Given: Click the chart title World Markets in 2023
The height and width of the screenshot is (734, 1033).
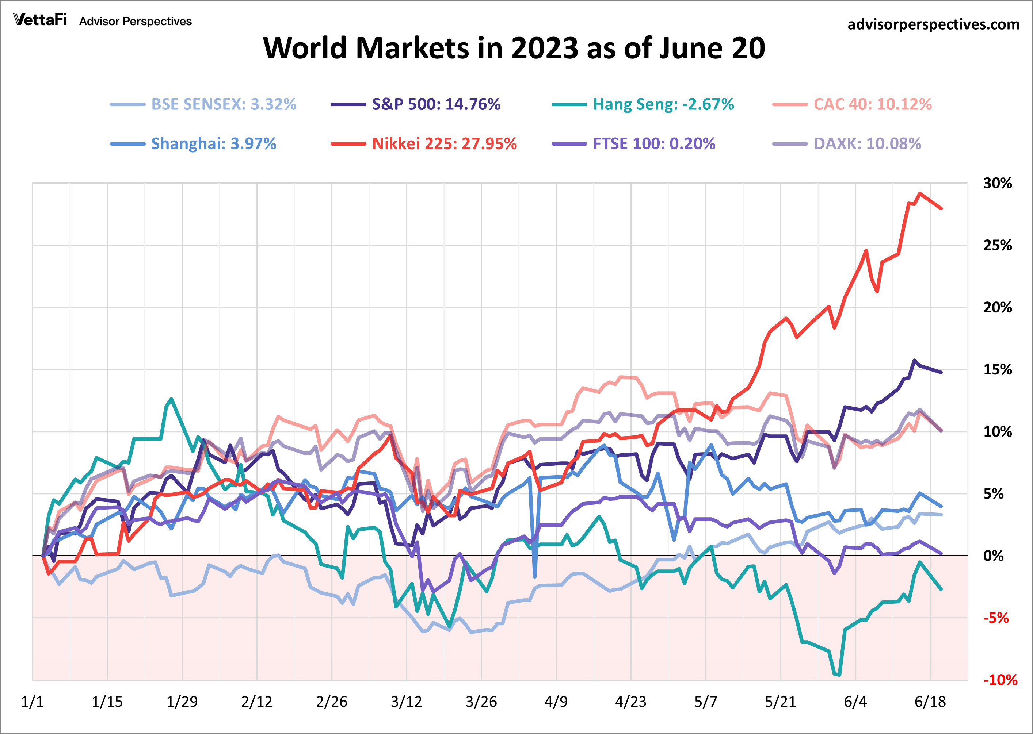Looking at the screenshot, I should pyautogui.click(x=514, y=48).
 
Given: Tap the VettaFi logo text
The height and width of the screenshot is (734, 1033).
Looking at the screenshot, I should pyautogui.click(x=40, y=20).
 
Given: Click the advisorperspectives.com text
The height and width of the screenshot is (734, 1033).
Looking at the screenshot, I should pyautogui.click(x=933, y=24).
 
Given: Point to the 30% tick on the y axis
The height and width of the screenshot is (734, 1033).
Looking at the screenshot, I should pyautogui.click(x=997, y=184).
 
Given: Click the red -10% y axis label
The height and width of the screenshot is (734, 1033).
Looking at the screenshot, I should pyautogui.click(x=999, y=680).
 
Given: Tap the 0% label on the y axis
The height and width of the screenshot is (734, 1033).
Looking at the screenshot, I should pyautogui.click(x=993, y=556).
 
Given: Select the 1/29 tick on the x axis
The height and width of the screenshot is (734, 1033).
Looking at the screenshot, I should pyautogui.click(x=182, y=702).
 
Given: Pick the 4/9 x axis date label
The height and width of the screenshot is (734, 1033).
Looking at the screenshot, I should pyautogui.click(x=556, y=702).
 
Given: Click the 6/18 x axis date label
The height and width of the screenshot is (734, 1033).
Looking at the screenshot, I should pyautogui.click(x=930, y=702).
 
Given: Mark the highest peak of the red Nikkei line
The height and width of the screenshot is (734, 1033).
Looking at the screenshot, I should pyautogui.click(x=919, y=193).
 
